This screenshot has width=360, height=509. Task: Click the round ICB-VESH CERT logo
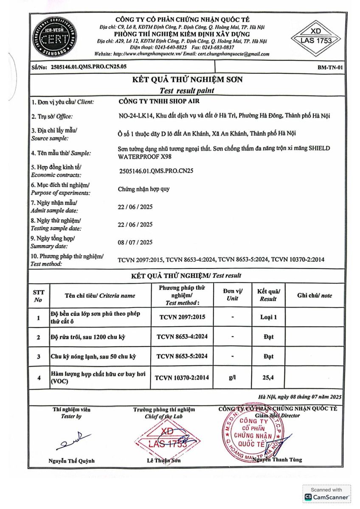tap(51, 36)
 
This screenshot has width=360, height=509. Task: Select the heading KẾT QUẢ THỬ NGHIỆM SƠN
tap(187, 80)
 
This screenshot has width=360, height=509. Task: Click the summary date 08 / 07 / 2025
tap(135, 242)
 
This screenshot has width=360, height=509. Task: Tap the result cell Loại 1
tap(268, 317)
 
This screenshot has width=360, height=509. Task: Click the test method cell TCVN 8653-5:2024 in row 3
tap(182, 356)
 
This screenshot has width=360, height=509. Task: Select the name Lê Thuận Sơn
tap(163, 460)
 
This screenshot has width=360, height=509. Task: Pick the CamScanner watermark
tap(326, 494)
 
